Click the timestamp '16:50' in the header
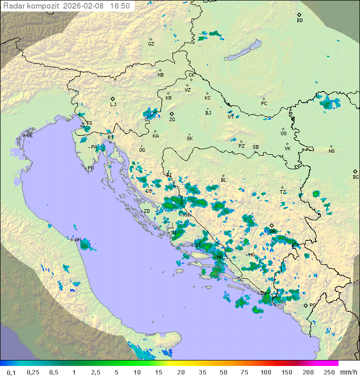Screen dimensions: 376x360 (120, 6)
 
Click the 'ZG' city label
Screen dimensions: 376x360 (172, 120)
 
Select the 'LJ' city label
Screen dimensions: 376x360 (113, 105)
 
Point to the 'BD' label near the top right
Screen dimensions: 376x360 (299, 21)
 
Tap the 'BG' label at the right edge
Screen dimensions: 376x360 (355, 177)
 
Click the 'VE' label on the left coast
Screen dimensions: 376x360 (29, 136)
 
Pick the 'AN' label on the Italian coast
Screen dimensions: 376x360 (77, 240)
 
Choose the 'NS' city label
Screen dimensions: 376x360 (331, 151)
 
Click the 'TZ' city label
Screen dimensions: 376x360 (282, 192)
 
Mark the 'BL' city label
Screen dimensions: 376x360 (223, 180)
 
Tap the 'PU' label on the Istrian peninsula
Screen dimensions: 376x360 (90, 168)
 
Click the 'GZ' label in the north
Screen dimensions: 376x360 (151, 44)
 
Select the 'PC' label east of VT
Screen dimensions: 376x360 (264, 104)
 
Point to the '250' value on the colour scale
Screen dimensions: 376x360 (328, 372)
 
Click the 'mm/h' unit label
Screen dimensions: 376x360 (348, 372)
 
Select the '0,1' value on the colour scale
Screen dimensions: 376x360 (11, 372)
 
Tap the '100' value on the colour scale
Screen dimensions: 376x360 (265, 372)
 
